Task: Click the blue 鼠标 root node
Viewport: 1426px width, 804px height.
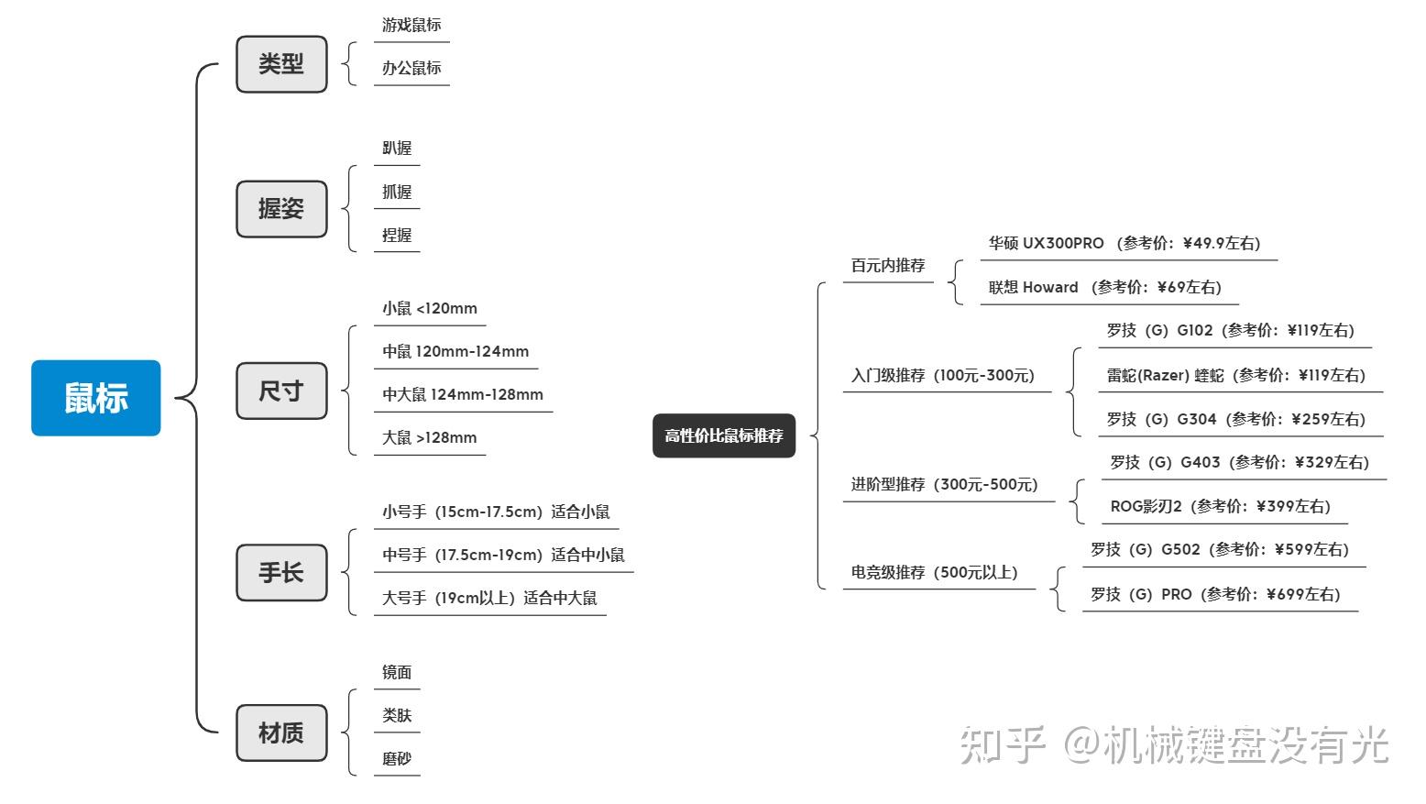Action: click(96, 398)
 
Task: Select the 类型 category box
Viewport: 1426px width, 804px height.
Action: click(281, 64)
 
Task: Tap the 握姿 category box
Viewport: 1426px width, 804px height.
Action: click(281, 209)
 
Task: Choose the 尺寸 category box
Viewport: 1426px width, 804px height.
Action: click(281, 391)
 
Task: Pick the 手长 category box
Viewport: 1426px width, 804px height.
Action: click(281, 573)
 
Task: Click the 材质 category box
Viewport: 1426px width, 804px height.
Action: click(281, 733)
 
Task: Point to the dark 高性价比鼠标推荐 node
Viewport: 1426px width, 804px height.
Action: click(724, 436)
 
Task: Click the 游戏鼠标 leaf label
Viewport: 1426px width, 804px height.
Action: click(411, 26)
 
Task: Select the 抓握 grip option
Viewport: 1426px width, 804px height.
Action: click(397, 192)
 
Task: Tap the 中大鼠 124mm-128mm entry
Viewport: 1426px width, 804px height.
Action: click(463, 395)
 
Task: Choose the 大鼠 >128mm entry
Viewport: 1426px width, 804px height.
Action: click(429, 438)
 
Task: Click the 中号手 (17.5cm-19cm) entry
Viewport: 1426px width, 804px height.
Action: click(503, 555)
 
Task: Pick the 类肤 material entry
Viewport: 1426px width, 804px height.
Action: click(397, 715)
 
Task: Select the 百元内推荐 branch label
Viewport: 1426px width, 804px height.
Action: click(888, 266)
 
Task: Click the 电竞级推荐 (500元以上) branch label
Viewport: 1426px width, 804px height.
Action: click(934, 572)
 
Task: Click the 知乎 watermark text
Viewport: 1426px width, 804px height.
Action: click(1003, 745)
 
